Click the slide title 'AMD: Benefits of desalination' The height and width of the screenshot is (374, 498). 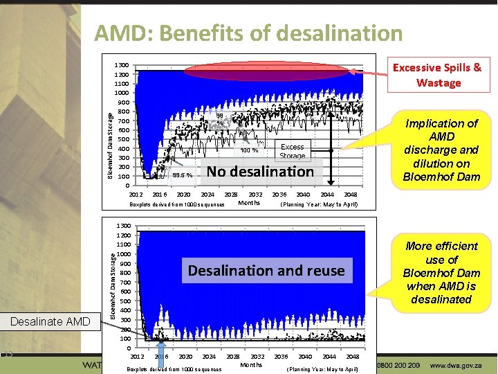tap(248, 33)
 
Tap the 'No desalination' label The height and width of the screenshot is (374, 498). tap(260, 171)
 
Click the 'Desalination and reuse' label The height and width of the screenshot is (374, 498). tap(266, 270)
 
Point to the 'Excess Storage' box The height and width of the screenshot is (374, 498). tap(292, 151)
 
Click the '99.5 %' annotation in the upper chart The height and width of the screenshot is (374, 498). tap(183, 175)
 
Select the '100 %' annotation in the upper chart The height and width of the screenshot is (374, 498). tap(249, 150)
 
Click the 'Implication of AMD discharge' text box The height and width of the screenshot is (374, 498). tap(441, 150)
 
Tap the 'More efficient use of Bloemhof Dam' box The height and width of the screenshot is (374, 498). tap(441, 272)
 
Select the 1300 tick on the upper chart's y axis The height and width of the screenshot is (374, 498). tap(122, 64)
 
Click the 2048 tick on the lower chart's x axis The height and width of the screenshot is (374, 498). tap(352, 357)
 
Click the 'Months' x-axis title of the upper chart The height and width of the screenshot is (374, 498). tap(249, 203)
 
